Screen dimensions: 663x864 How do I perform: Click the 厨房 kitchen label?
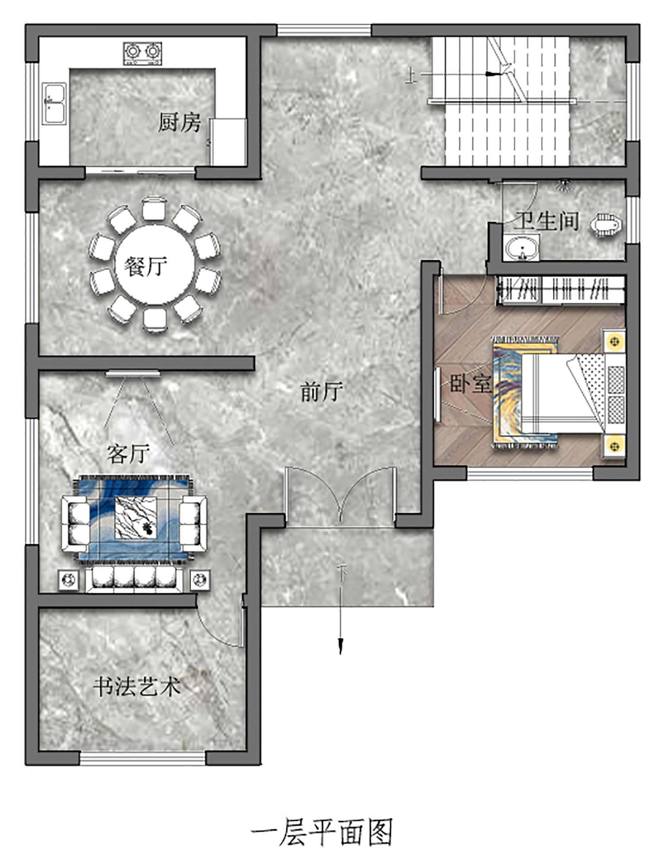click(x=179, y=122)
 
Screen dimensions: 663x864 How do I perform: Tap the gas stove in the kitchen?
click(x=142, y=54)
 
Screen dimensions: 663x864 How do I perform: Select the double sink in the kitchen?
click(x=55, y=104)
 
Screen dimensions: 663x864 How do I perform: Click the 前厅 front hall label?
click(x=322, y=392)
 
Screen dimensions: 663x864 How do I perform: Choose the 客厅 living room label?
click(x=128, y=453)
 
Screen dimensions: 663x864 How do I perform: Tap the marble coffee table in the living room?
click(x=136, y=518)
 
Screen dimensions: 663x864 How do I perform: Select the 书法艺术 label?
click(x=137, y=687)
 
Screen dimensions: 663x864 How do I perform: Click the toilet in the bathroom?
click(x=606, y=225)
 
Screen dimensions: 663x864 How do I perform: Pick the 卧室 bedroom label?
click(x=470, y=384)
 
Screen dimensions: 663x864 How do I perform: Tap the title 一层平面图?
click(x=322, y=832)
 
